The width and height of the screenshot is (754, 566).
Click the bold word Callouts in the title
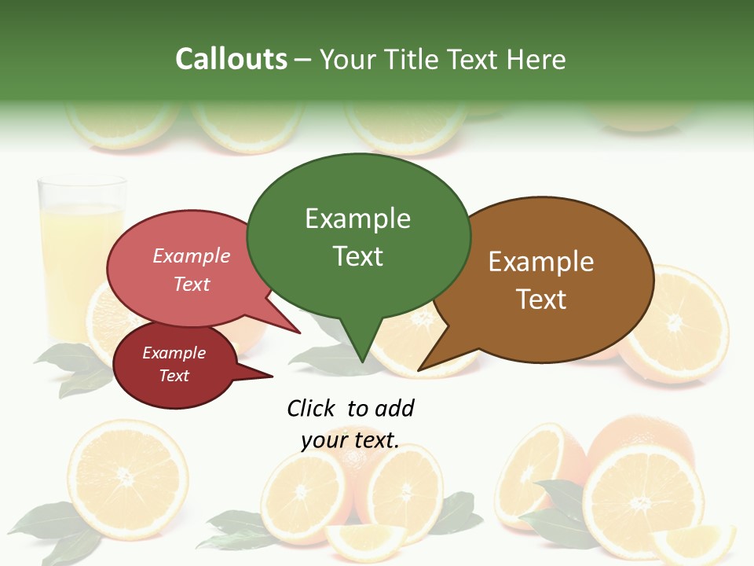231,59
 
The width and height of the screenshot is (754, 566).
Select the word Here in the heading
536,60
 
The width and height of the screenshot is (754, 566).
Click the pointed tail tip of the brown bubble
419,369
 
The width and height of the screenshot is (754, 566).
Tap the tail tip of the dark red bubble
272,377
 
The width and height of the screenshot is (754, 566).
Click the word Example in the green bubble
357,219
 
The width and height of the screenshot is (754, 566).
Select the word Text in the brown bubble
541,300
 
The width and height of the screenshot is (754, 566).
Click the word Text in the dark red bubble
174,376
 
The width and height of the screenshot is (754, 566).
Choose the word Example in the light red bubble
192,255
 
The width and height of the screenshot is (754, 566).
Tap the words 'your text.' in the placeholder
350,440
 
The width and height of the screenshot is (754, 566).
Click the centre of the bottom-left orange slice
126,476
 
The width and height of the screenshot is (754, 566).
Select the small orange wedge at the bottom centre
365,541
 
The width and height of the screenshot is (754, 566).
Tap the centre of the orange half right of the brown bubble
675,323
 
